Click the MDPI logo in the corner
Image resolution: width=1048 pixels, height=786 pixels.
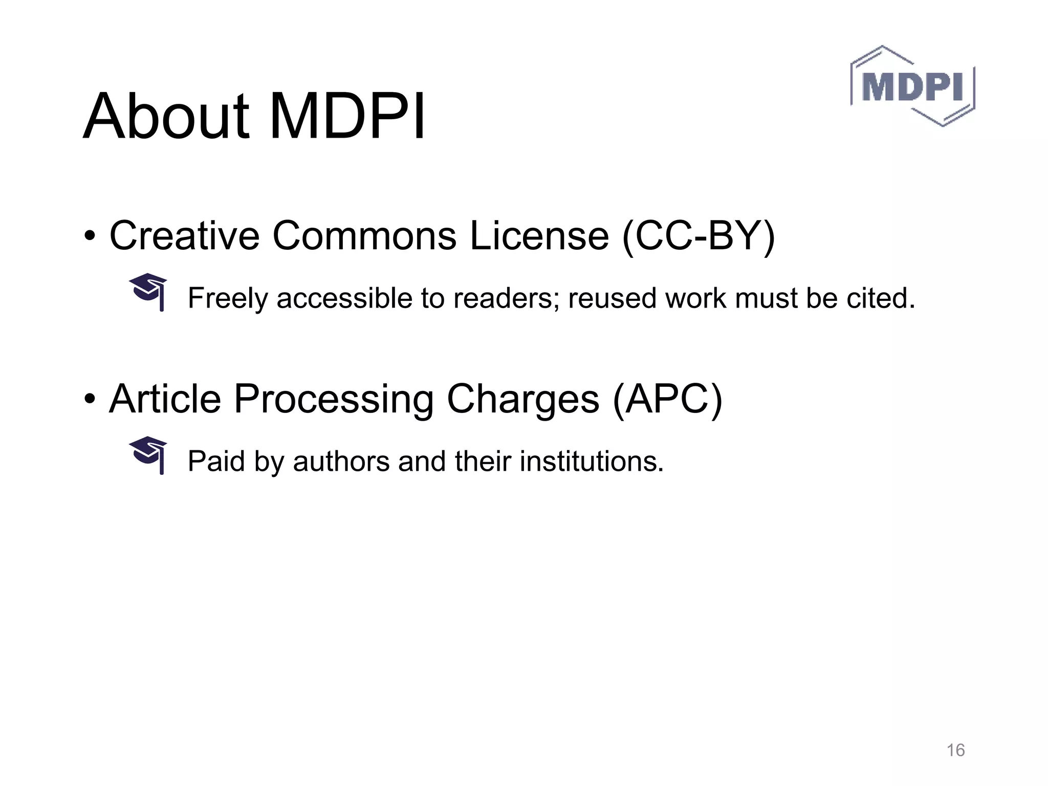coord(912,86)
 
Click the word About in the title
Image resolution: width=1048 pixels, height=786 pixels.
coord(166,117)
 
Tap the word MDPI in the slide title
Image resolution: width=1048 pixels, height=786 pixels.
coord(347,117)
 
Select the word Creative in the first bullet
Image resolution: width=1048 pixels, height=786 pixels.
coord(184,235)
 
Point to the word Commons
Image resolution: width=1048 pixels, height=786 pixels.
coord(364,235)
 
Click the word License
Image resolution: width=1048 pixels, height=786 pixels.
coord(539,235)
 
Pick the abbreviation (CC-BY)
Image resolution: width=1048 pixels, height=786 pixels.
coord(698,236)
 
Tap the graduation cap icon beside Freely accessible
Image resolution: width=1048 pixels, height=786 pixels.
coord(149,292)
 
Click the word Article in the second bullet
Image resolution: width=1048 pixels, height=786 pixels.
coord(165,399)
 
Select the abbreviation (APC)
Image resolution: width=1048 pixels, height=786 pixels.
coord(667,400)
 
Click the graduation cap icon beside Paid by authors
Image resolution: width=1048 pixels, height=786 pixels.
coord(149,455)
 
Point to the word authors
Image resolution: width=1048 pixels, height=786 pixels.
coord(341,461)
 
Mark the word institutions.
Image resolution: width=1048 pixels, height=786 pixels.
coord(592,461)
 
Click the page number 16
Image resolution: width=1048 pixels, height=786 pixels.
coord(955,750)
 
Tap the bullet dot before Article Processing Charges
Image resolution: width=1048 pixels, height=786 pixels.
coord(90,399)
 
